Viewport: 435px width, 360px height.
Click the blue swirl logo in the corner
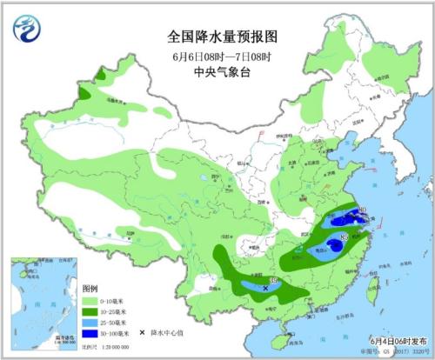coord(28,30)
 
